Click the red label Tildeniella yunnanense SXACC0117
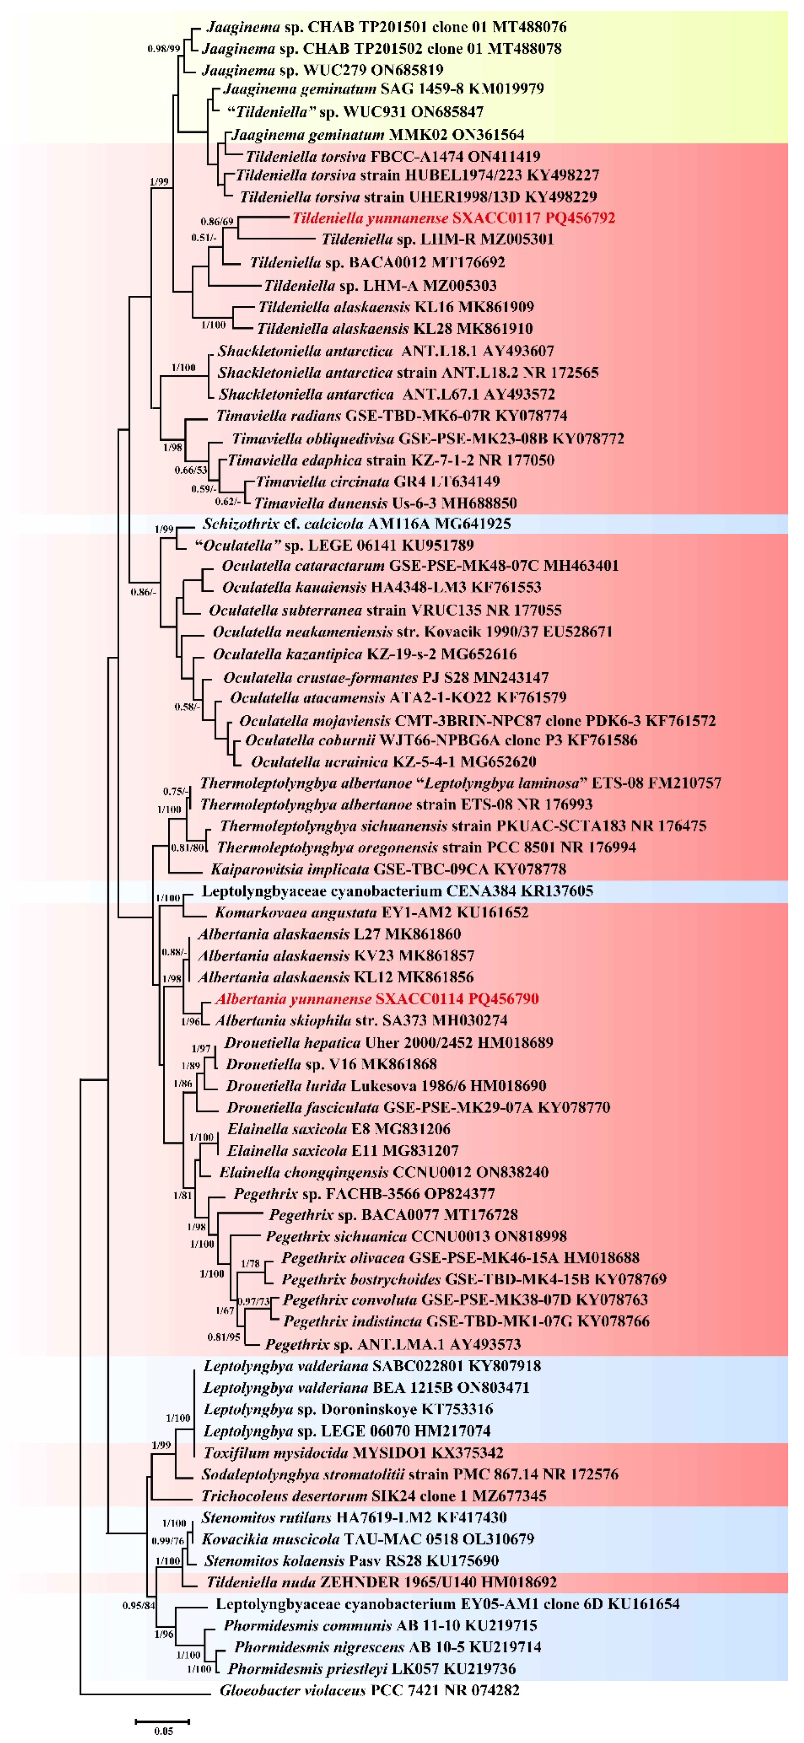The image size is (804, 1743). pos(453,218)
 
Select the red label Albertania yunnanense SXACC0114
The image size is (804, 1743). pos(376,999)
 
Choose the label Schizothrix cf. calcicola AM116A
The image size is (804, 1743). pos(356,524)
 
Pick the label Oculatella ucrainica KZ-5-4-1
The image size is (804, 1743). pos(393,762)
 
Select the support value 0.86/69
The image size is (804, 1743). pos(216,221)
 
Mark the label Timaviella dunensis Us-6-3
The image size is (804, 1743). pos(385,503)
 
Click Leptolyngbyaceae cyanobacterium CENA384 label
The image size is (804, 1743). pos(397,891)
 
